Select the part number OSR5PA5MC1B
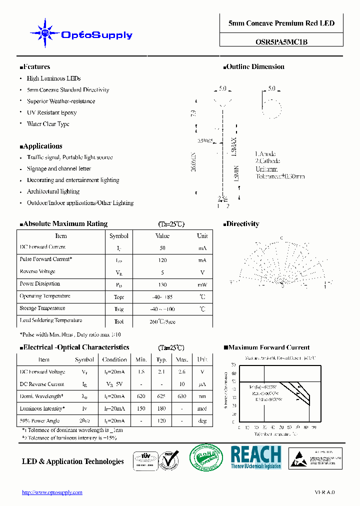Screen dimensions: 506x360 (281, 42)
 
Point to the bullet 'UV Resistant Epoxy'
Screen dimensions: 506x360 (51, 112)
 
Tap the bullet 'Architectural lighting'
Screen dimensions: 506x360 (53, 191)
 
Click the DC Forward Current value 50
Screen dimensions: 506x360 (162, 248)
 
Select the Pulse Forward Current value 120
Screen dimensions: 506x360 (162, 260)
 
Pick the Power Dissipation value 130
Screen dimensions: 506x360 (162, 284)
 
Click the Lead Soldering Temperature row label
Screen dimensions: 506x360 (50, 320)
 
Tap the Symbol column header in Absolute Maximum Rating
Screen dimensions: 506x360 (119, 236)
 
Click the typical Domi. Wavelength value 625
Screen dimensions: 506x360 (161, 396)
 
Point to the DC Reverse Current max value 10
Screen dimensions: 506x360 (182, 384)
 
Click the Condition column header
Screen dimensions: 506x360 (114, 359)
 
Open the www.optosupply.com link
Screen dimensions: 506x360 (52, 492)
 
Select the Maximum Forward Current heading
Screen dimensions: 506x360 (269, 347)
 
